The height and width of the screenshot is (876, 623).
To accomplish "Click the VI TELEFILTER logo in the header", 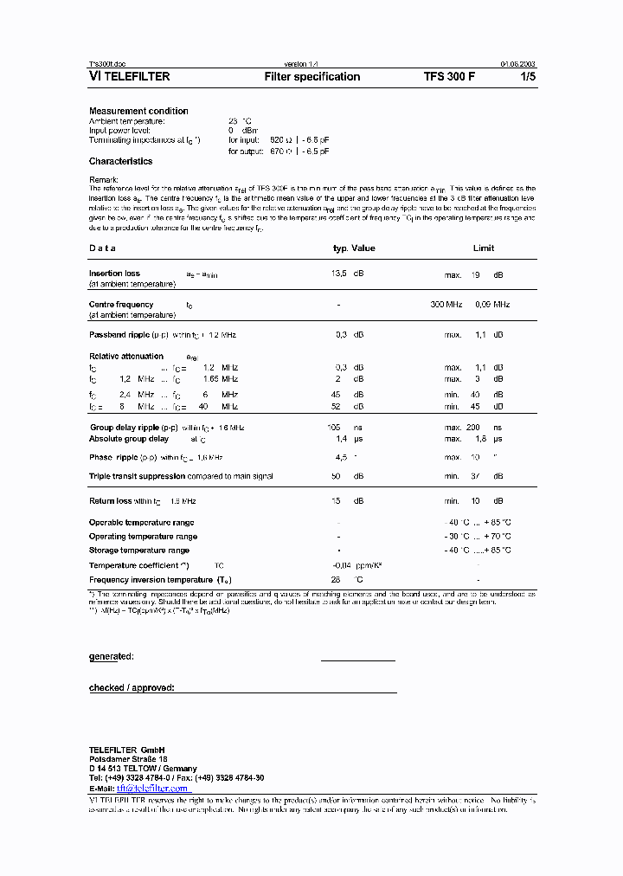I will pos(130,77).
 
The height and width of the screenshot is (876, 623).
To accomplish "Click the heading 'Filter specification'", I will pos(311,77).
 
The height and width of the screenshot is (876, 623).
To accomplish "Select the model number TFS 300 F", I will pos(449,77).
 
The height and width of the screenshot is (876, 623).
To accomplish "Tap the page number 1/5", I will pos(526,77).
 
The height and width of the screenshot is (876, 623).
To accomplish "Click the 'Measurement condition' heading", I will pos(138,111).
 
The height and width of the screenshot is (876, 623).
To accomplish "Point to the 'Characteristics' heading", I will pos(120,161).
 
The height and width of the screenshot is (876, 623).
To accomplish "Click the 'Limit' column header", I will pos(484,248).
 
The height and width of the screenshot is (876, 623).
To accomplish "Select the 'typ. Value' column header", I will pos(354,248).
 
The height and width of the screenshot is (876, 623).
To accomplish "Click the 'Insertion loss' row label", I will pos(114,274).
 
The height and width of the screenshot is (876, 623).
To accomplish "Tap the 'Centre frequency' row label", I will pos(121,305).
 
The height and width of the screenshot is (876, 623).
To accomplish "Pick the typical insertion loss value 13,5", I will pos(340,274).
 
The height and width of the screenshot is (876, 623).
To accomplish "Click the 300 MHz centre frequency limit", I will pos(446,305).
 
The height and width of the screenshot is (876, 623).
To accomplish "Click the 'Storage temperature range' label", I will pos(139,551).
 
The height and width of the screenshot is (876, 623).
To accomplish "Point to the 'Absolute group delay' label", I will pos(130,439).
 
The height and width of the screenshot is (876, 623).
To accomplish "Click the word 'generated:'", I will pos(112,656).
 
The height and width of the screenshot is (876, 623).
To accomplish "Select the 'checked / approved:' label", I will pos(132,687).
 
